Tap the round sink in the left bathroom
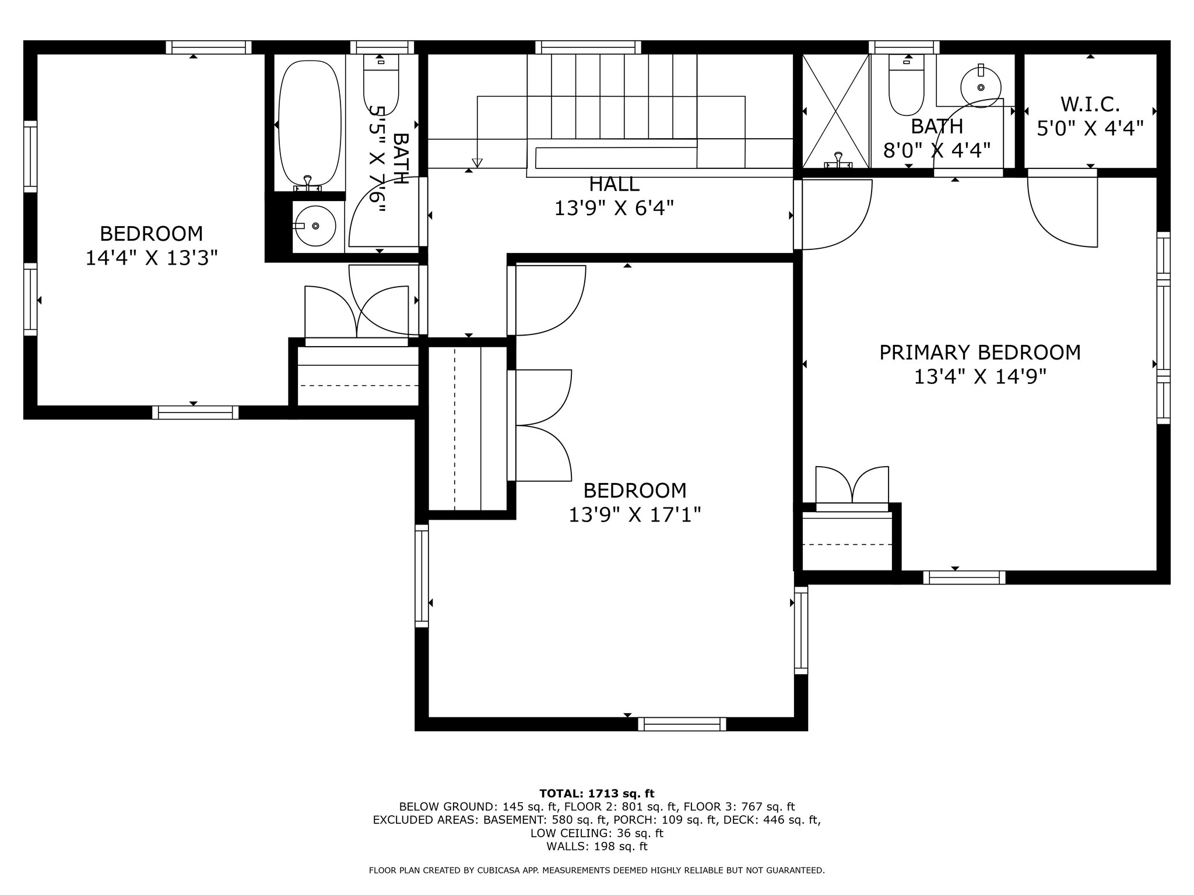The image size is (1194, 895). [315, 225]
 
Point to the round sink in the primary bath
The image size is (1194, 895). [981, 87]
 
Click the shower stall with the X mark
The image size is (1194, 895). [836, 111]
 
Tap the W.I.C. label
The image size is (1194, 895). [1090, 105]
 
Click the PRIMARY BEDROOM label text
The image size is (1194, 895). [979, 353]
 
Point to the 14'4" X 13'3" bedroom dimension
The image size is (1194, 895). [152, 258]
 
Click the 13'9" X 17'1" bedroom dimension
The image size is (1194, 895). [635, 515]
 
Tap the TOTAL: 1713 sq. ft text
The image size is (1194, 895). [597, 793]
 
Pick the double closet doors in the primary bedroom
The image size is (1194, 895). [852, 485]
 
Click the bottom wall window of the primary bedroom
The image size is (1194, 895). [964, 577]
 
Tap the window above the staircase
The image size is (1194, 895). [588, 47]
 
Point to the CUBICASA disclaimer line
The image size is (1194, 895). [597, 871]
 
